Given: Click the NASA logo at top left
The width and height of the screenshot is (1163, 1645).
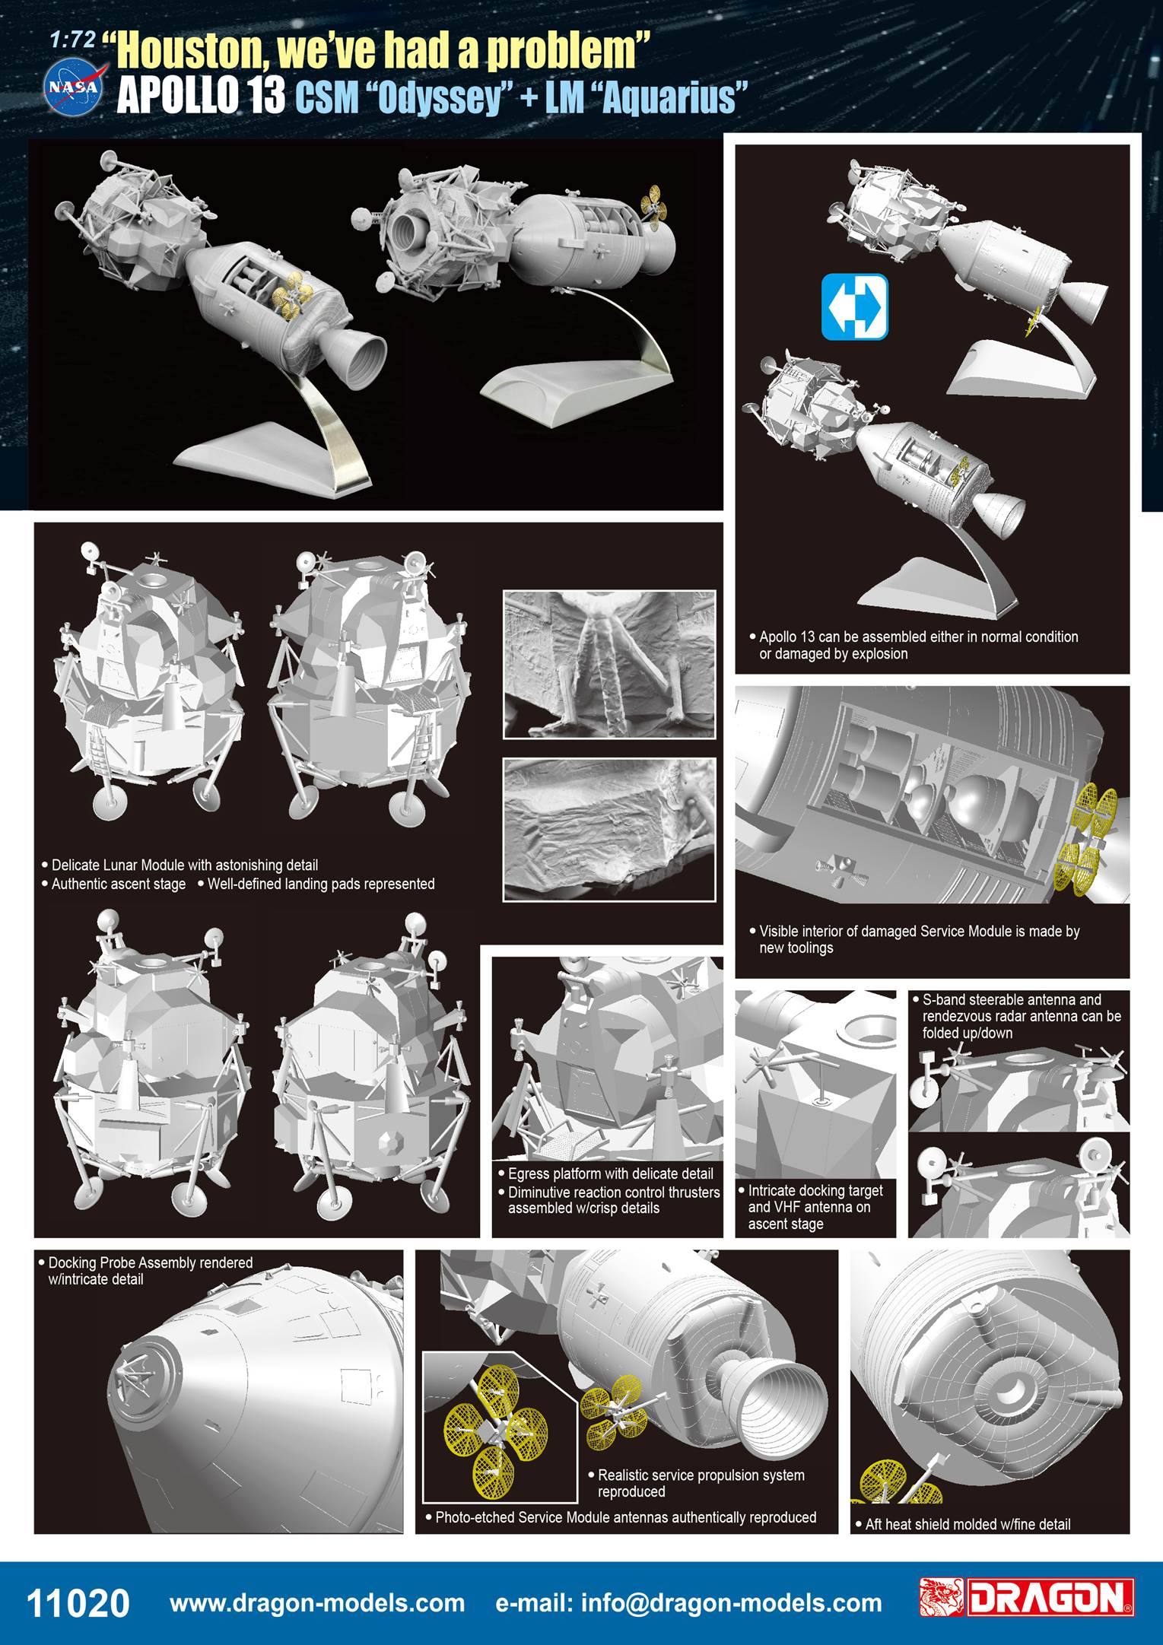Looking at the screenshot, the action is (x=74, y=88).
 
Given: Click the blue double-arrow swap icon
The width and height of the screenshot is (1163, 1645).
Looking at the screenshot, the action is (x=855, y=306).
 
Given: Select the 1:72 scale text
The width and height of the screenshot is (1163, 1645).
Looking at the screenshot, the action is (x=73, y=41).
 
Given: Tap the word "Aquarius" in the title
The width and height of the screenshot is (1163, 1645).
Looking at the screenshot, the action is (x=669, y=99).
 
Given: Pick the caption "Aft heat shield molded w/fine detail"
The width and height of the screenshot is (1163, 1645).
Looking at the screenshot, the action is (x=968, y=1524).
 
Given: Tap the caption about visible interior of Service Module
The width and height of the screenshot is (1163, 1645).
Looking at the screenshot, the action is (x=914, y=939).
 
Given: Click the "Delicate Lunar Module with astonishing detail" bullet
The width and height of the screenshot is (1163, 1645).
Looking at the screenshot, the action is (x=180, y=865).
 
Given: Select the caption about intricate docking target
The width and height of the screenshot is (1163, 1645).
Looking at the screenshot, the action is (x=811, y=1207).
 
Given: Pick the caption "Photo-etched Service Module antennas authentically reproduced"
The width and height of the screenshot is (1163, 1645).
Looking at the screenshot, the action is (x=621, y=1517).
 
